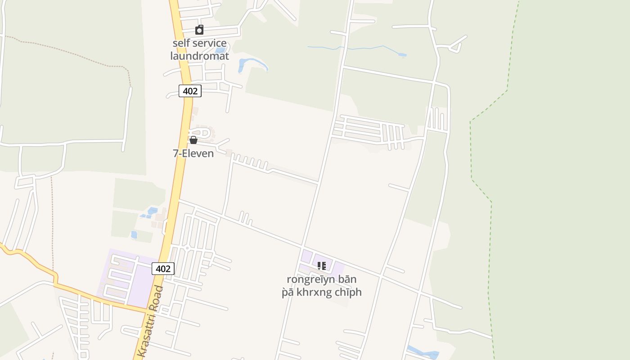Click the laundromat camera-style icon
click(199, 30)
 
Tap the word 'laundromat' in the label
click(199, 56)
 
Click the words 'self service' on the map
click(199, 44)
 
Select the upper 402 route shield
click(190, 91)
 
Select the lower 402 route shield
click(163, 269)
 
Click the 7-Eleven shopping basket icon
click(193, 140)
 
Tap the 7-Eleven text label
click(193, 153)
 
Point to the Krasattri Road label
click(151, 322)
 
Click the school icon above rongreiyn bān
click(321, 266)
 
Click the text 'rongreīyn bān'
click(321, 279)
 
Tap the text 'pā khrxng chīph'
click(321, 292)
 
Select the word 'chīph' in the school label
click(347, 292)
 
